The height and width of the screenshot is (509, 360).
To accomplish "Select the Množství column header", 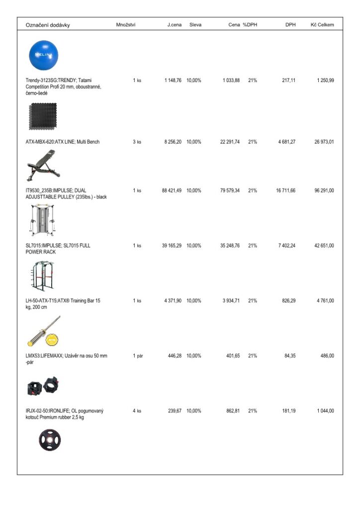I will (x=126, y=25).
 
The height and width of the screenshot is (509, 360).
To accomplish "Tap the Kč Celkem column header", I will (x=322, y=25).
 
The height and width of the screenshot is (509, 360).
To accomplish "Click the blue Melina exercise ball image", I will (x=43, y=55).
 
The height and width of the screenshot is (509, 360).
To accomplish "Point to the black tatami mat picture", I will (x=43, y=116).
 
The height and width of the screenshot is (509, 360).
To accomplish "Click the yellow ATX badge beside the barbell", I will (x=52, y=339).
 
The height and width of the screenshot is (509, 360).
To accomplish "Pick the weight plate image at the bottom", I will (x=50, y=439).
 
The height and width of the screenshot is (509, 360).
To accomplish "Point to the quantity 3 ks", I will (x=137, y=142).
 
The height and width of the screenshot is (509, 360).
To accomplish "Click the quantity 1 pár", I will (x=137, y=356).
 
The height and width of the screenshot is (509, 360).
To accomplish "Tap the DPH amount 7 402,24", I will (x=285, y=246).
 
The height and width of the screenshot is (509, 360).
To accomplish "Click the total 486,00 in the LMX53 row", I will (x=326, y=356).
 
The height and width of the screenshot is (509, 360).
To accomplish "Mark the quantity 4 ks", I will (x=137, y=411).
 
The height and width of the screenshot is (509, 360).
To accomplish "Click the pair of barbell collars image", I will (x=44, y=385).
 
